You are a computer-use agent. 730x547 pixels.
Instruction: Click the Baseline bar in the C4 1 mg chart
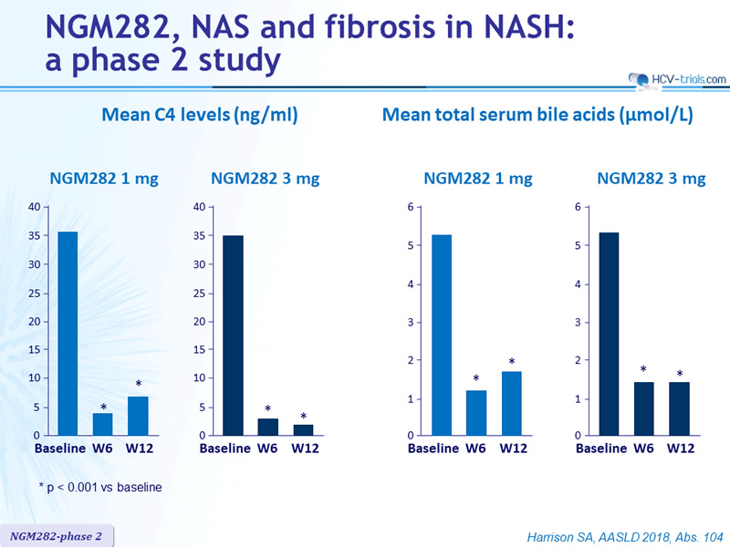pyautogui.click(x=68, y=334)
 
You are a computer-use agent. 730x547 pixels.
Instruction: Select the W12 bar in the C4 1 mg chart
pyautogui.click(x=139, y=416)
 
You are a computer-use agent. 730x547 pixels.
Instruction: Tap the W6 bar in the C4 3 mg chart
pyautogui.click(x=267, y=427)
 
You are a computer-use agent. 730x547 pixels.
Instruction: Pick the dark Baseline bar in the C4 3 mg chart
pyautogui.click(x=233, y=335)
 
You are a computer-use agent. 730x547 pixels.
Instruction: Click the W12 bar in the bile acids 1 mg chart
pyautogui.click(x=512, y=403)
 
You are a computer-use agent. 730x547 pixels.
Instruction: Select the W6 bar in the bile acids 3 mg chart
pyautogui.click(x=644, y=408)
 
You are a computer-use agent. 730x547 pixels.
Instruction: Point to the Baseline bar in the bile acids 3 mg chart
pyautogui.click(x=609, y=334)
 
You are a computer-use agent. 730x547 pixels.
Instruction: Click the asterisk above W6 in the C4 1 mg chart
pyautogui.click(x=103, y=408)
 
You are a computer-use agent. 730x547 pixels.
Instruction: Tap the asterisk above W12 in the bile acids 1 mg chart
pyautogui.click(x=512, y=361)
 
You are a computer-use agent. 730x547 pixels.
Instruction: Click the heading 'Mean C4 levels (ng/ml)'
pyautogui.click(x=199, y=115)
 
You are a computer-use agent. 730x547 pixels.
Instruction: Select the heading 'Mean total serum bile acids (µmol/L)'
pyautogui.click(x=537, y=115)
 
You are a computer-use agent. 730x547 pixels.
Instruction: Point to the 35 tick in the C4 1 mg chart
pyautogui.click(x=35, y=235)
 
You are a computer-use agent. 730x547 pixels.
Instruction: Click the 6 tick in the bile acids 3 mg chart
pyautogui.click(x=578, y=207)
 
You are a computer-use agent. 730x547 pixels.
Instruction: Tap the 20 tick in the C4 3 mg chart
pyautogui.click(x=199, y=322)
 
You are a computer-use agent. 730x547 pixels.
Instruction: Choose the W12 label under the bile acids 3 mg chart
pyautogui.click(x=681, y=449)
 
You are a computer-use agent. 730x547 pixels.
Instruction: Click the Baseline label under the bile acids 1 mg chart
pyautogui.click(x=433, y=449)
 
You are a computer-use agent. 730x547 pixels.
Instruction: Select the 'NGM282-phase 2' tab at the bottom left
pyautogui.click(x=56, y=536)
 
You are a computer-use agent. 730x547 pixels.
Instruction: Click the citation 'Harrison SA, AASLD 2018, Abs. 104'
pyautogui.click(x=625, y=537)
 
